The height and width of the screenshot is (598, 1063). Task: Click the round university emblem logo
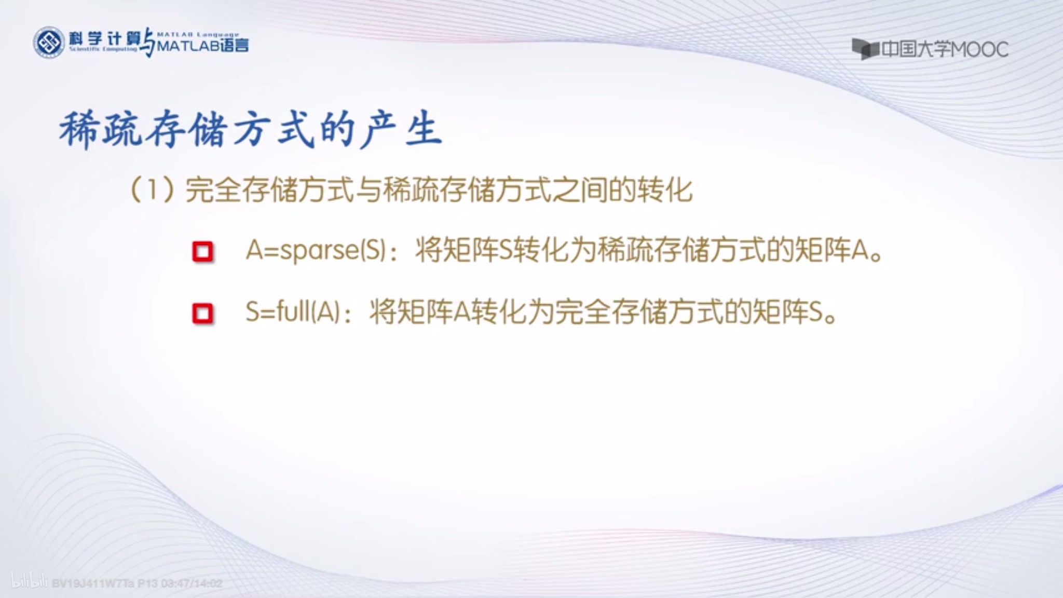(49, 43)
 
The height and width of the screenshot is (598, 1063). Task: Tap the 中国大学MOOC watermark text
(945, 50)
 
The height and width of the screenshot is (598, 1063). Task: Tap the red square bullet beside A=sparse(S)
(202, 252)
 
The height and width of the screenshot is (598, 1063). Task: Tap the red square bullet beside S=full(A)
(202, 314)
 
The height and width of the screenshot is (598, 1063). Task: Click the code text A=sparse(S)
(316, 251)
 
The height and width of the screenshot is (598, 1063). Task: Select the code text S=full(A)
(292, 312)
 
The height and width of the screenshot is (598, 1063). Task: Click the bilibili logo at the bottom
(29, 582)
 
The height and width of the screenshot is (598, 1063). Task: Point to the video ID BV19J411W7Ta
(93, 583)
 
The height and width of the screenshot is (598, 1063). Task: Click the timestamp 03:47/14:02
(192, 583)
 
